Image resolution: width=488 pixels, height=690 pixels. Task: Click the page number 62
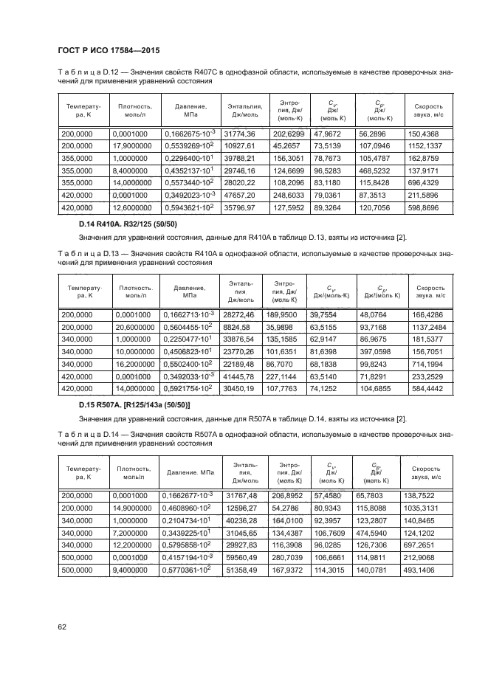click(x=61, y=627)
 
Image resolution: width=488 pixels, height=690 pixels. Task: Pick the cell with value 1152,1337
click(x=425, y=146)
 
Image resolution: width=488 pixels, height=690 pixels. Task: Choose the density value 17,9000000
click(x=133, y=146)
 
